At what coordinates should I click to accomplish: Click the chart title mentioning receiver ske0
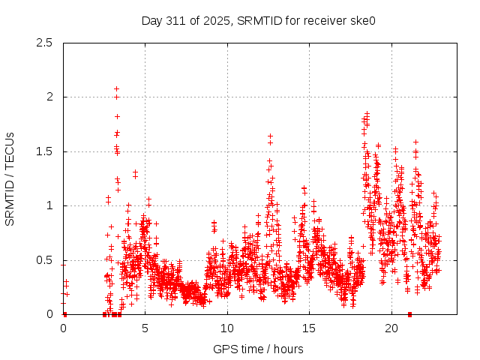[x=258, y=20]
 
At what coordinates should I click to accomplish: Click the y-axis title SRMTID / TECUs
[x=10, y=178]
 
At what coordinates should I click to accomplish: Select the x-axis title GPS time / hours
[x=258, y=349]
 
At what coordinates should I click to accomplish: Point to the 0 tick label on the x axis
[x=63, y=328]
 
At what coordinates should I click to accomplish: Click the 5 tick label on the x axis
[x=145, y=328]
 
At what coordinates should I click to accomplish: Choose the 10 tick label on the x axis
[x=227, y=328]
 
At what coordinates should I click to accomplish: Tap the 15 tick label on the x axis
[x=310, y=328]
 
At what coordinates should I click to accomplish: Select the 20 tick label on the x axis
[x=391, y=328]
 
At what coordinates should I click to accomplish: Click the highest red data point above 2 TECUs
[x=116, y=88]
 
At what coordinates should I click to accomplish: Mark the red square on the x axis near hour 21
[x=409, y=314]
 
